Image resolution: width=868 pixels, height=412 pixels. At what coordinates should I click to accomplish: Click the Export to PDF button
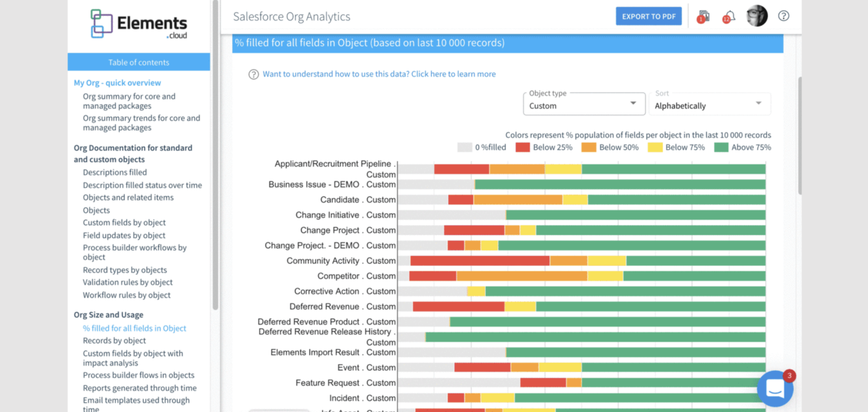[648, 16]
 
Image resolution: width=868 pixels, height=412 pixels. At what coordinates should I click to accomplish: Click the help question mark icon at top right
[784, 16]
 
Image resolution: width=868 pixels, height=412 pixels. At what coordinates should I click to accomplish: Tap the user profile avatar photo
[757, 16]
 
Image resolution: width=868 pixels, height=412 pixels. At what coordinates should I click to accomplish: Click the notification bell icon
[729, 16]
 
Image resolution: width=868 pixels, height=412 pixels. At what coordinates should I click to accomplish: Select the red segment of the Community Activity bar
[480, 261]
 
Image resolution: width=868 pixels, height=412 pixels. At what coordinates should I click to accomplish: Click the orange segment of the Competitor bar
[521, 276]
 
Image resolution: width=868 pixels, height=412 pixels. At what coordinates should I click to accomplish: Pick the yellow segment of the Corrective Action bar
[476, 291]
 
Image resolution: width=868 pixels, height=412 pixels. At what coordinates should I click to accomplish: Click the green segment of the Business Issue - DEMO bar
[620, 184]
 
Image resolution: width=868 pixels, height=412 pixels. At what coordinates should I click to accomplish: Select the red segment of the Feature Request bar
[542, 383]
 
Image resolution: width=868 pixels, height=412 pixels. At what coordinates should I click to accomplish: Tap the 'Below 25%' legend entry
[544, 147]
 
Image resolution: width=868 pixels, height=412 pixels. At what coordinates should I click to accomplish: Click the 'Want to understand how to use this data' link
[379, 74]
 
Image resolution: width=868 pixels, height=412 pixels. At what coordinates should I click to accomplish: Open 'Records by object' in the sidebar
[114, 340]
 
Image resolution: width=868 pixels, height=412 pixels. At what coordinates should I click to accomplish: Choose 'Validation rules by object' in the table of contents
[127, 282]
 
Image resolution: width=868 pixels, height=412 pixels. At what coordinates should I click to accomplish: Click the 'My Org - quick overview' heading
[117, 83]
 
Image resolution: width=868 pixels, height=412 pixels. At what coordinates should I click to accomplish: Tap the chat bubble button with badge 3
[775, 389]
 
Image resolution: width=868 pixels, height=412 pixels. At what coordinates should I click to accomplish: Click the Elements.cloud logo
[138, 25]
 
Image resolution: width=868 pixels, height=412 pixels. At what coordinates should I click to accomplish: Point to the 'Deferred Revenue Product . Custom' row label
[326, 322]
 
